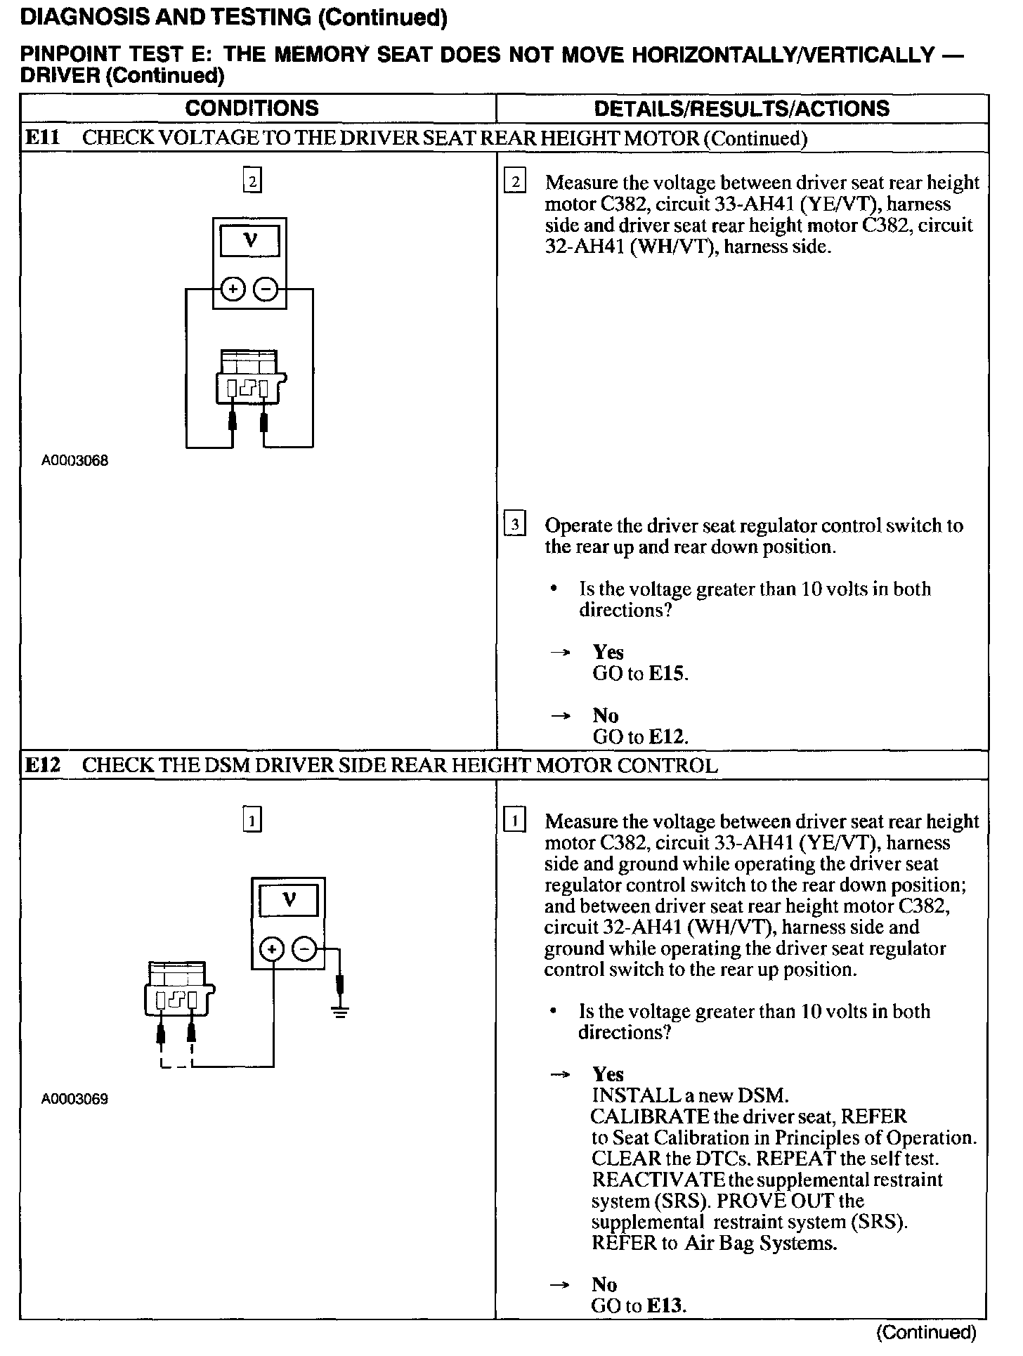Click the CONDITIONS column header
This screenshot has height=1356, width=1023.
pos(252,108)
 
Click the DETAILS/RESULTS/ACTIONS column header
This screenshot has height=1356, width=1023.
pos(742,108)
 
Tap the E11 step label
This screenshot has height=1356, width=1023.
pos(42,138)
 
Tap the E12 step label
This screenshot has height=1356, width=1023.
pos(42,765)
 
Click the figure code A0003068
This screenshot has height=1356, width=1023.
pos(74,462)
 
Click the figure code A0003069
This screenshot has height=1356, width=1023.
pos(74,1099)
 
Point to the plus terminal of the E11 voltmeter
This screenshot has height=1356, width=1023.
pos(233,289)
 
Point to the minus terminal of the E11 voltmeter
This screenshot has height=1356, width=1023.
pos(266,289)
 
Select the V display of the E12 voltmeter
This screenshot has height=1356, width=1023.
pos(289,900)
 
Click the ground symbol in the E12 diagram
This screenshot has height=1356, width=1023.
pos(340,1012)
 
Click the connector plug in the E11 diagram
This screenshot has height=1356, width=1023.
pos(250,378)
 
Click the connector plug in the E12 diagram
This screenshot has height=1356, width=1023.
pos(178,989)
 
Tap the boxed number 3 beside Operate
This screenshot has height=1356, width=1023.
pos(515,525)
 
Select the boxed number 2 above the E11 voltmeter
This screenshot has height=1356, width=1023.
pos(252,181)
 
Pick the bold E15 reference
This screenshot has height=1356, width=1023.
pos(666,674)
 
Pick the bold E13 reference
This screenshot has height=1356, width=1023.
pos(664,1306)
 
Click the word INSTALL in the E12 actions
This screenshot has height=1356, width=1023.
pos(627,1095)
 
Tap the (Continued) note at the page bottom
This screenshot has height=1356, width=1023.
pos(926,1333)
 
